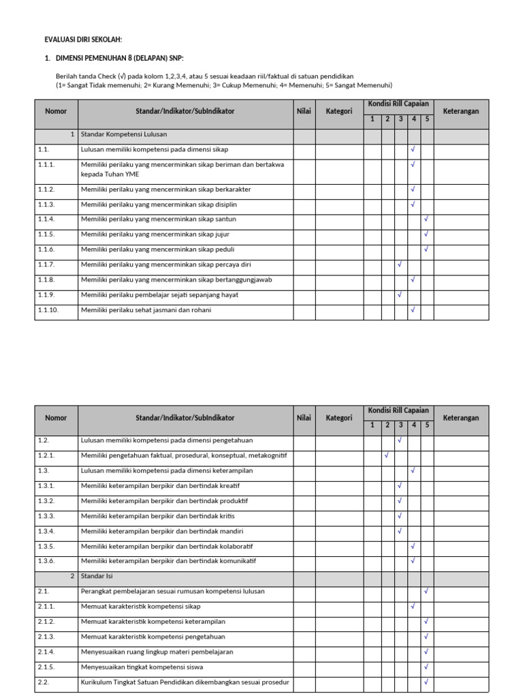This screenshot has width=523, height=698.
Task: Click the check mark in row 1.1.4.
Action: [x=426, y=219]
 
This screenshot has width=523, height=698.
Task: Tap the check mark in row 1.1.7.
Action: [x=400, y=264]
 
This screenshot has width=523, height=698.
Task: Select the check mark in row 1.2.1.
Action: [x=386, y=455]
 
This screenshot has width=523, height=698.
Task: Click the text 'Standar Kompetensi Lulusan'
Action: [x=124, y=134]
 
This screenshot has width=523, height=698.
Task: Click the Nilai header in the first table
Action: [x=304, y=111]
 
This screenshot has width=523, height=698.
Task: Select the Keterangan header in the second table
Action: [x=461, y=418]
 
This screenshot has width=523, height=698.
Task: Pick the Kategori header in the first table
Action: [x=338, y=111]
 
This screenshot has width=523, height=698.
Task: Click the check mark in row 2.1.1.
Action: [x=413, y=606]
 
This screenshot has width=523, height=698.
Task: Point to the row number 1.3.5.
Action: [x=46, y=546]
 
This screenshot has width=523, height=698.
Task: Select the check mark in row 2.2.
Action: [x=426, y=681]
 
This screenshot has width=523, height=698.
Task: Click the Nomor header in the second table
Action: [x=56, y=418]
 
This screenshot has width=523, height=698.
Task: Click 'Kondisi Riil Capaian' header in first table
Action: [x=398, y=104]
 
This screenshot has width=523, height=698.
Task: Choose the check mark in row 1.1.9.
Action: [x=400, y=295]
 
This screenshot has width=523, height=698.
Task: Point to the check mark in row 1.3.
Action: [x=413, y=470]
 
